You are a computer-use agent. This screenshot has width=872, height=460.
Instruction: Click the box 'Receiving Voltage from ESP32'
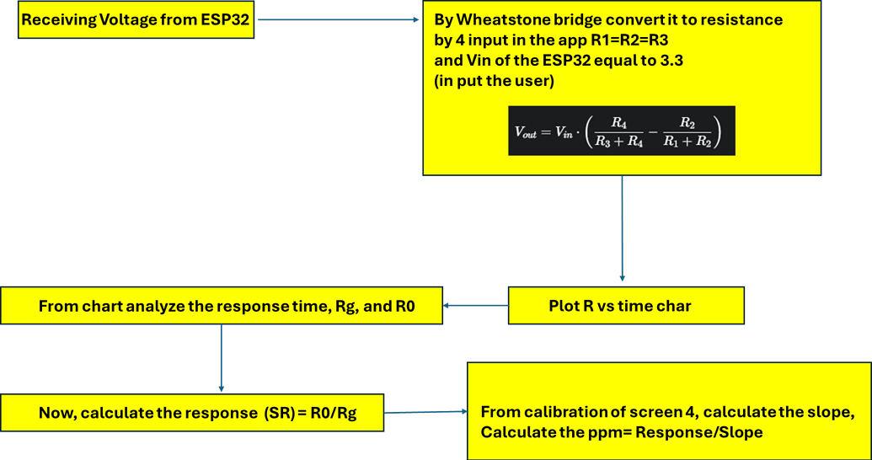135,20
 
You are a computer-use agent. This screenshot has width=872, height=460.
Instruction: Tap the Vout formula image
622,131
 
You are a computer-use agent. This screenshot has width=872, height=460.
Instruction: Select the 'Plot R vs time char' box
625,306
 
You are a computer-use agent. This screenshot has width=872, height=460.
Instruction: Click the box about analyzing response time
221,306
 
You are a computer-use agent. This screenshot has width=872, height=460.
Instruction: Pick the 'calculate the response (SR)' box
192,413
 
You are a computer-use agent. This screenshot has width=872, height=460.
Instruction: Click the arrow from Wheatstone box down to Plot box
622,227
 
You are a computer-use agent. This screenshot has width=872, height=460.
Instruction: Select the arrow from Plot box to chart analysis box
475,306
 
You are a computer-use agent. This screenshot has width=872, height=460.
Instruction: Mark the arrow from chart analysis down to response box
221,358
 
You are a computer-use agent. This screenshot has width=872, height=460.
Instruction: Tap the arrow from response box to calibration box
425,413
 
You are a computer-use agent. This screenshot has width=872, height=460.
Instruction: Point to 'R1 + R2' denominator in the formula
687,141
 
